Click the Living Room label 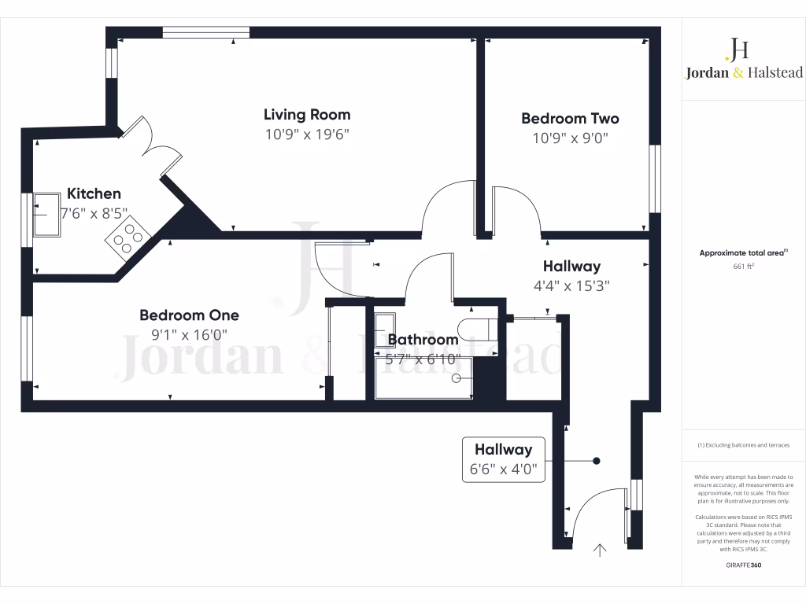[x=307, y=115]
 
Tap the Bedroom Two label [x=570, y=119]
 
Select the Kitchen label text [x=94, y=193]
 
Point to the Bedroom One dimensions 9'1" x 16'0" [x=189, y=334]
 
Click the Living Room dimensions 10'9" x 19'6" [x=307, y=134]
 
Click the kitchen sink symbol [x=48, y=214]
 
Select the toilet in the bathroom [x=475, y=326]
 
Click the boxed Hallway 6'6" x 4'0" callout [x=503, y=460]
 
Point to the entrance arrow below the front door [x=601, y=551]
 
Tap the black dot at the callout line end [x=597, y=461]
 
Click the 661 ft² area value [x=743, y=267]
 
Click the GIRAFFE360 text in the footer [x=743, y=565]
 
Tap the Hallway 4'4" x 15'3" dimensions [x=571, y=286]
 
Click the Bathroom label [x=423, y=340]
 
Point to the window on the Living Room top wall [x=206, y=32]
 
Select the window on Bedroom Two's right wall [x=654, y=179]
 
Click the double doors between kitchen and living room [x=150, y=145]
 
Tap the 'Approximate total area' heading [x=741, y=253]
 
